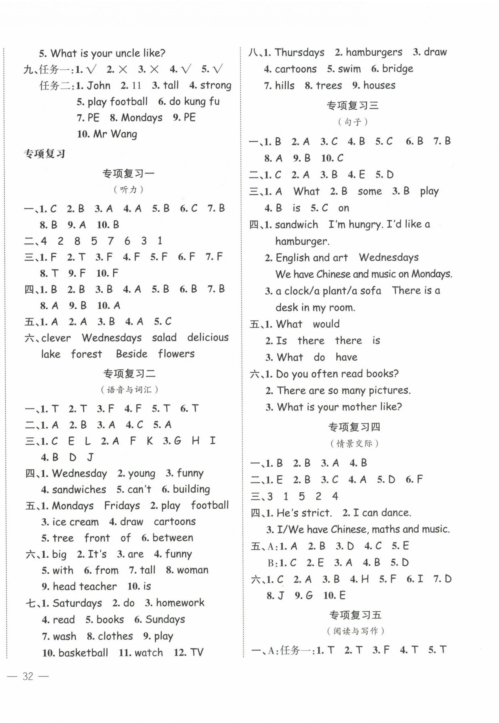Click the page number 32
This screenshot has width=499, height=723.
coord(28,676)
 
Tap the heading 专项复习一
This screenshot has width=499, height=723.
coord(128,174)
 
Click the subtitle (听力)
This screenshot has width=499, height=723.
coord(128,190)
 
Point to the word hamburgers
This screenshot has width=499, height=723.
coord(374,52)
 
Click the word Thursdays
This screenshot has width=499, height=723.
coord(300,52)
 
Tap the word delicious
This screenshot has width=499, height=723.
coord(208,338)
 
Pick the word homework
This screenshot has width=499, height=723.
coord(180,603)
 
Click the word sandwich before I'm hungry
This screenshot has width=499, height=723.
coord(296,224)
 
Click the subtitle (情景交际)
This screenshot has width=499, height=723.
coord(354,443)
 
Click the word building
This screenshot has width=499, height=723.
coord(191,489)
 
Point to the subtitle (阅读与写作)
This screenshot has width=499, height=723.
coord(355,631)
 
